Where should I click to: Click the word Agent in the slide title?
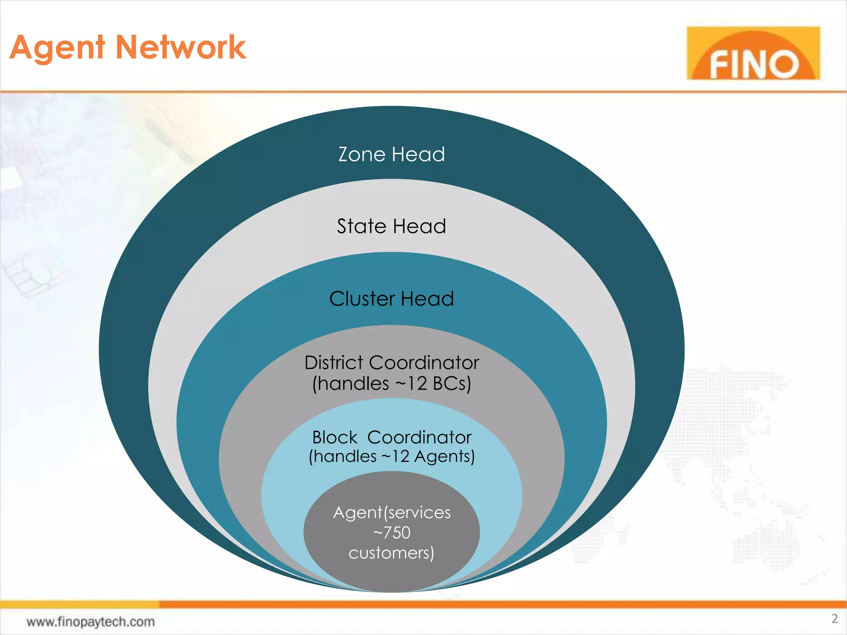tap(57, 48)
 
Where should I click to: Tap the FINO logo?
tap(753, 53)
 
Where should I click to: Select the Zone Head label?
tap(391, 155)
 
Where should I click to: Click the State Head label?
tap(391, 227)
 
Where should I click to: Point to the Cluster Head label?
tap(391, 299)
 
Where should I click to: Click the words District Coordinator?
tap(392, 363)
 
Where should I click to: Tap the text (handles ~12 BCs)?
tap(392, 384)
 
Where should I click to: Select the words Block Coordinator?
tap(392, 437)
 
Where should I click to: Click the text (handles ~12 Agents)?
tap(392, 456)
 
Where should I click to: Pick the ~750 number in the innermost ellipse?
tap(392, 532)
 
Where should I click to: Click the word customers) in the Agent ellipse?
tap(391, 553)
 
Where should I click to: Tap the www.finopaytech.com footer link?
tap(91, 622)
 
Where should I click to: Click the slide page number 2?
tap(835, 619)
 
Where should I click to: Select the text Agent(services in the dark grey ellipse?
tap(392, 513)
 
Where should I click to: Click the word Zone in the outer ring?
tap(362, 155)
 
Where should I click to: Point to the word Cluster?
tap(362, 299)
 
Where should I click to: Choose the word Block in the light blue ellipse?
tap(335, 437)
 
